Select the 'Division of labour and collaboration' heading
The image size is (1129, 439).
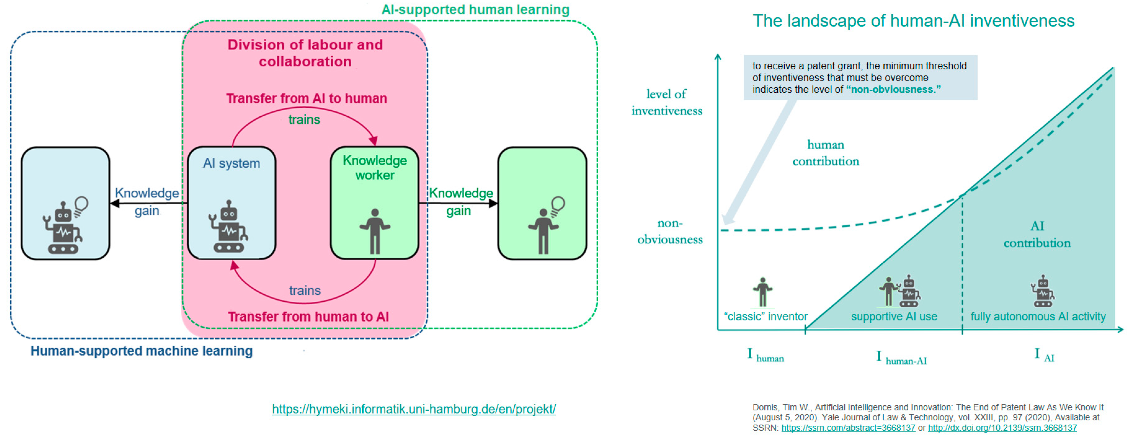pos(305,53)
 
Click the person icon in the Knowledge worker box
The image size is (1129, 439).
pos(374,231)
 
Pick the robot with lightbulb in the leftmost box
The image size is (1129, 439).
pos(65,226)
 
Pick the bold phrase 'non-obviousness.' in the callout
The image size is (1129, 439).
pos(893,89)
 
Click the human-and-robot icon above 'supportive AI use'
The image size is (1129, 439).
pos(899,291)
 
